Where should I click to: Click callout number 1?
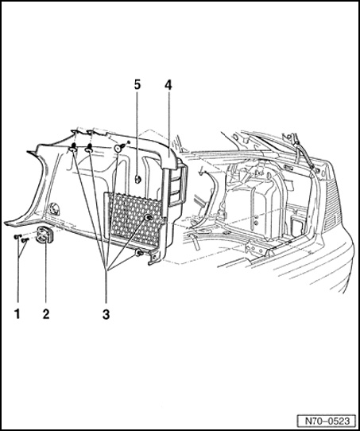pos(17,313)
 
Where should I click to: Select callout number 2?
pos(46,313)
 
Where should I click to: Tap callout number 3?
pos(106,314)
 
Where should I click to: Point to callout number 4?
pos(168,86)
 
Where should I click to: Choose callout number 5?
pos(137,85)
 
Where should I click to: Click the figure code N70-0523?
pos(327,421)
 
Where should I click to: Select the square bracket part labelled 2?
pos(44,235)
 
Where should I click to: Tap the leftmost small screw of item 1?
pos(17,236)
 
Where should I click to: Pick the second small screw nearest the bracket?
pos(25,240)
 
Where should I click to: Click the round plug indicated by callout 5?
pos(137,180)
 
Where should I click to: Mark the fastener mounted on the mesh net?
pos(149,218)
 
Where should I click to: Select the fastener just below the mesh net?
pos(139,252)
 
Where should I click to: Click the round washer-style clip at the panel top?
pos(118,148)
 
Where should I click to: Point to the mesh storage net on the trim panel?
pos(133,220)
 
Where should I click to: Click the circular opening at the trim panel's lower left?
pos(53,208)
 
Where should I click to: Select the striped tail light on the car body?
pos(331,204)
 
